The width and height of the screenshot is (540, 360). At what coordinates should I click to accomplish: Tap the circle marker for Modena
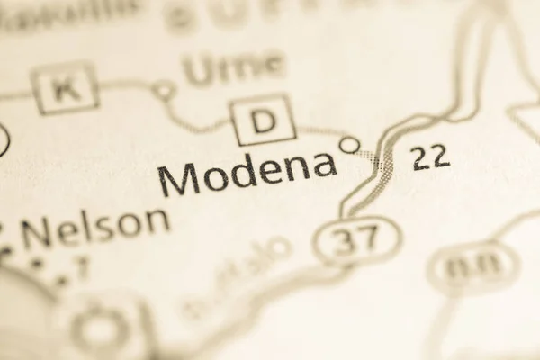tap(349, 144)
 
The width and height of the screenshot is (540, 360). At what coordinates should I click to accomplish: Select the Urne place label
tap(233, 68)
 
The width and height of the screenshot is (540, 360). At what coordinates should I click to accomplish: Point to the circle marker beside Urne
tap(163, 90)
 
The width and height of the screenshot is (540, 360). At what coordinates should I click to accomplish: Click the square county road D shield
tap(263, 120)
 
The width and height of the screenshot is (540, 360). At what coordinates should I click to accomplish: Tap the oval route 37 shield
tap(358, 240)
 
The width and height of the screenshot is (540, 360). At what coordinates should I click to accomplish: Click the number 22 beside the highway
tap(429, 157)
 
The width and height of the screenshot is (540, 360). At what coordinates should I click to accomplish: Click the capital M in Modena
tap(179, 179)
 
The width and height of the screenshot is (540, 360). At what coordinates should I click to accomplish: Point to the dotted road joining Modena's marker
tap(367, 157)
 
